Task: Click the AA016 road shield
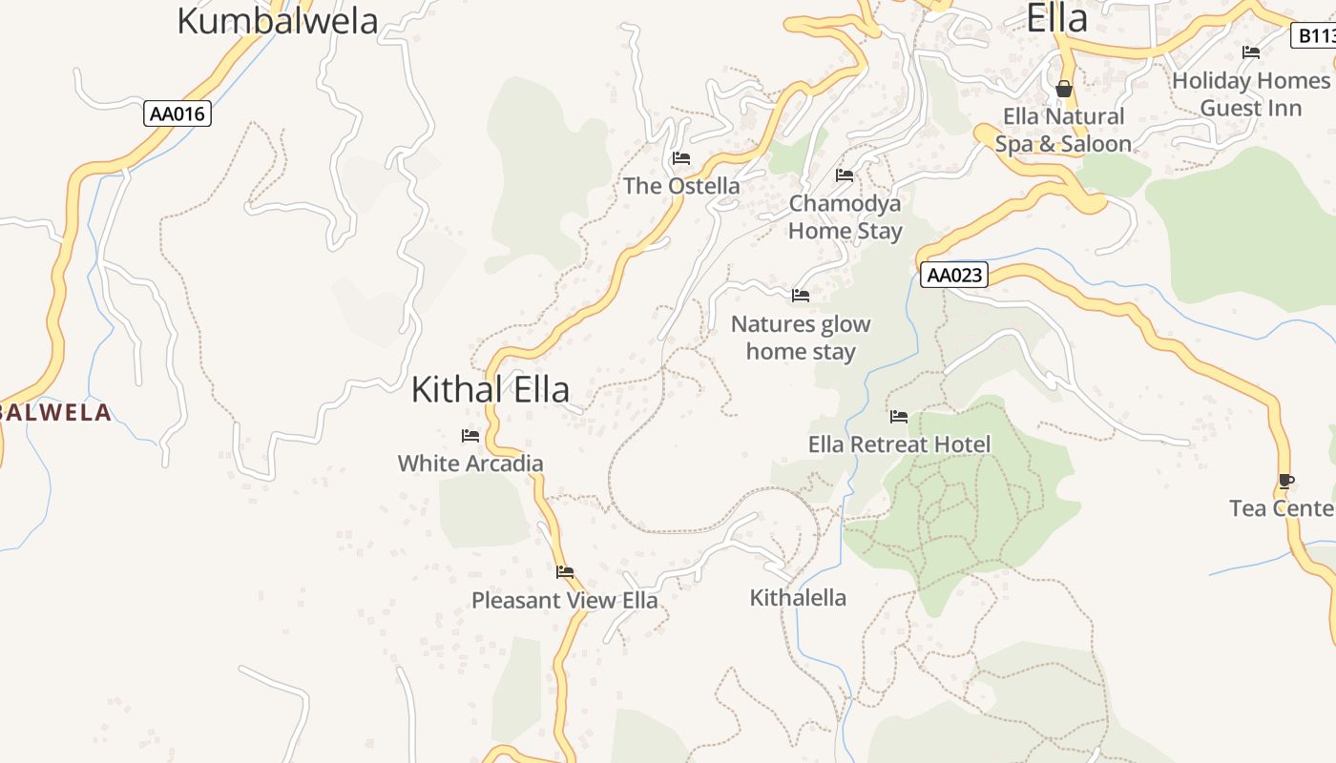click(x=177, y=114)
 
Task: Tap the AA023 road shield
click(x=954, y=276)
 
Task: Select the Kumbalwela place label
click(x=278, y=21)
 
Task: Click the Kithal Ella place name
click(x=491, y=389)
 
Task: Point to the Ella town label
click(x=1057, y=18)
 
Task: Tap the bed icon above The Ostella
click(x=681, y=157)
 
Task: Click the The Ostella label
click(x=681, y=186)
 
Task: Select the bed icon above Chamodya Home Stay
click(x=845, y=175)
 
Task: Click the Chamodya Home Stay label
click(x=845, y=217)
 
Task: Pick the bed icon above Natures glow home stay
click(x=801, y=296)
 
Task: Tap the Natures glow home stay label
click(x=801, y=338)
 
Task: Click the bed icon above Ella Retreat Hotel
click(x=899, y=417)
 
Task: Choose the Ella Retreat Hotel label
click(x=899, y=444)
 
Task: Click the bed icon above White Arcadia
click(x=470, y=436)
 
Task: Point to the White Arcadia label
click(x=470, y=464)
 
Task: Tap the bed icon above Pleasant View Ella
click(x=565, y=572)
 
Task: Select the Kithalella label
click(x=798, y=598)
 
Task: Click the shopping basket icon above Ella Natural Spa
click(x=1064, y=89)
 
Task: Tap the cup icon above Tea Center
click(x=1286, y=481)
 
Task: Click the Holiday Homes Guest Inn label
click(x=1250, y=94)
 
